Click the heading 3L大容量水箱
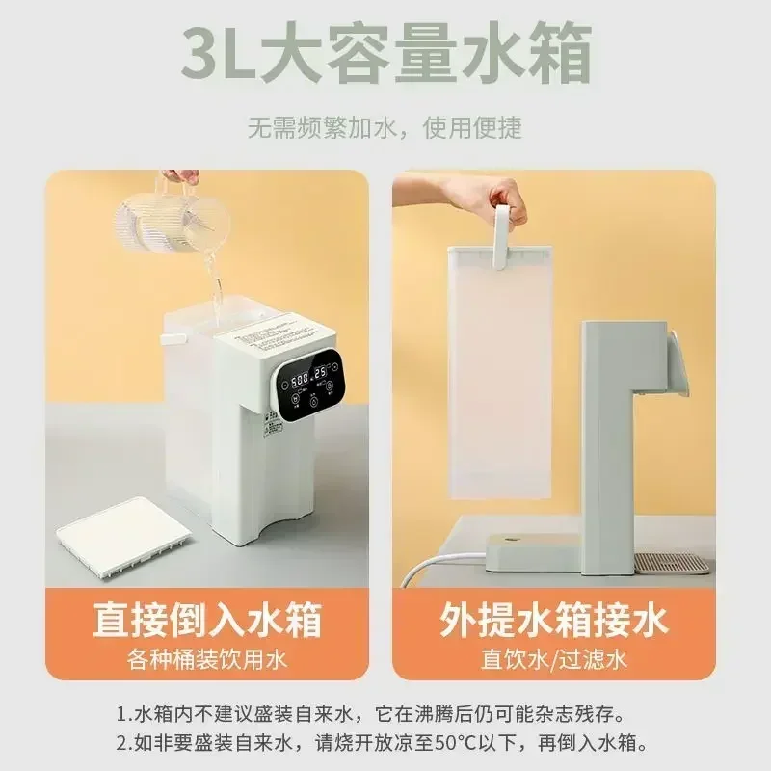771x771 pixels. pyautogui.click(x=385, y=57)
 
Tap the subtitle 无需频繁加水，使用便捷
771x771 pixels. pyautogui.click(x=385, y=127)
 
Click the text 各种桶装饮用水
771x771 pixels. pyautogui.click(x=206, y=660)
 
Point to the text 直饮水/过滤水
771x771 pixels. pyautogui.click(x=554, y=660)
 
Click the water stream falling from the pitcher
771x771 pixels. pyautogui.click(x=218, y=289)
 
